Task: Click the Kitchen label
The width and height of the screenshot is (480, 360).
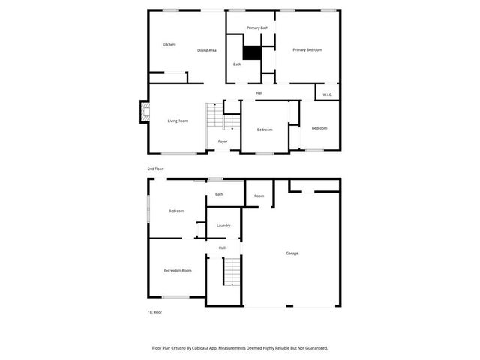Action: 169,45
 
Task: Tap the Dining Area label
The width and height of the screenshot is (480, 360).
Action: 207,50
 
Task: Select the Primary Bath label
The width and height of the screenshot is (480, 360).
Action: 258,28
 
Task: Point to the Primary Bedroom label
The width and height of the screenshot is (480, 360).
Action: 307,50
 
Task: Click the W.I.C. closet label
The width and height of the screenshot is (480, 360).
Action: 328,94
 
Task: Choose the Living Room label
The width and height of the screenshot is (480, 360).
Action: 177,121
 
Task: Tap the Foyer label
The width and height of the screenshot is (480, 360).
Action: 223,141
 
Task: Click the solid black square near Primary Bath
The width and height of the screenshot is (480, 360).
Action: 252,53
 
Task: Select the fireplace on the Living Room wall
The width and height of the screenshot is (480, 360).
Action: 140,113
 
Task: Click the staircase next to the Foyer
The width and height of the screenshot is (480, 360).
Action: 214,115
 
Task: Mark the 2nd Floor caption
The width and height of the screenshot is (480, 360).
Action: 154,169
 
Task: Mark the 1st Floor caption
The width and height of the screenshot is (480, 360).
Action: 154,311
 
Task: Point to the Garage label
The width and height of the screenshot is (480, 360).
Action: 292,253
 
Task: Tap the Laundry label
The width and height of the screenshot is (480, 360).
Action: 223,225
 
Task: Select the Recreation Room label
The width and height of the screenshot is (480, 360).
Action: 177,270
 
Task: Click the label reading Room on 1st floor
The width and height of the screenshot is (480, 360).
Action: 259,196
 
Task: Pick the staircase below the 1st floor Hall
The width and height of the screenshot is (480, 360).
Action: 232,271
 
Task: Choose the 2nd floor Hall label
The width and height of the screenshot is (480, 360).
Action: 259,93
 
